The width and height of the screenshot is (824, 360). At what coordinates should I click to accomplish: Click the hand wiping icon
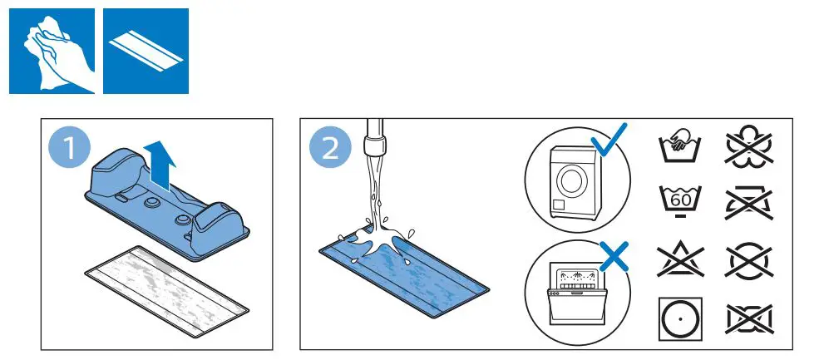[52, 51]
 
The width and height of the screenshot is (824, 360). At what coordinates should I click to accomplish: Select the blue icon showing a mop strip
[146, 51]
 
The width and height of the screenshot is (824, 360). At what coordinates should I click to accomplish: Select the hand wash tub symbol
[678, 146]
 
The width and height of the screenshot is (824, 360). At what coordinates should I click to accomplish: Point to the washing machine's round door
[572, 179]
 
